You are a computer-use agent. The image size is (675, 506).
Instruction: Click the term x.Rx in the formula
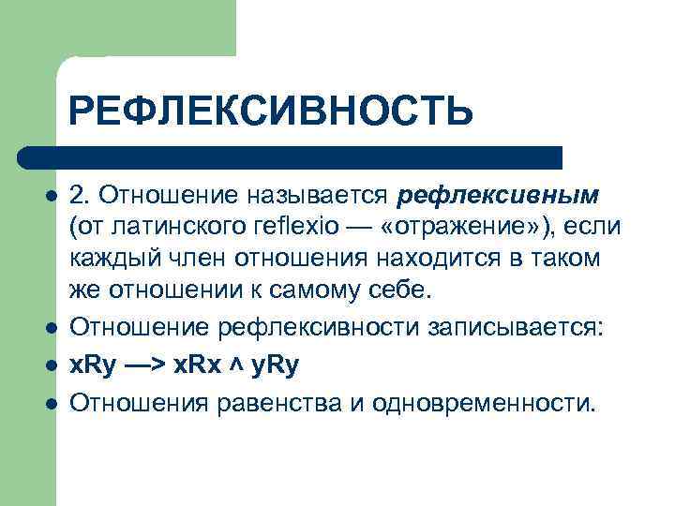click(x=194, y=365)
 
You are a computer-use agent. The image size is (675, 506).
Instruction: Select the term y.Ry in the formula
click(x=272, y=365)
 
